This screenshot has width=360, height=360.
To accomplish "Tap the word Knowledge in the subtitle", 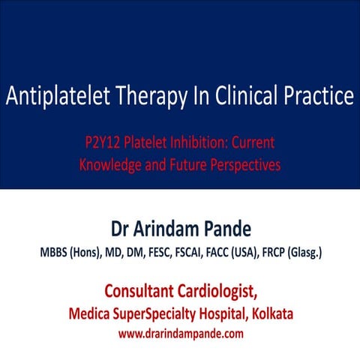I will [111, 165].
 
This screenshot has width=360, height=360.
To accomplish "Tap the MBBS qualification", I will [57, 253].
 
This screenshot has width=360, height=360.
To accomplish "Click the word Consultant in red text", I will [144, 289].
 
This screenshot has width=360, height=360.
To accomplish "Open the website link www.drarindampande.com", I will [180, 333].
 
